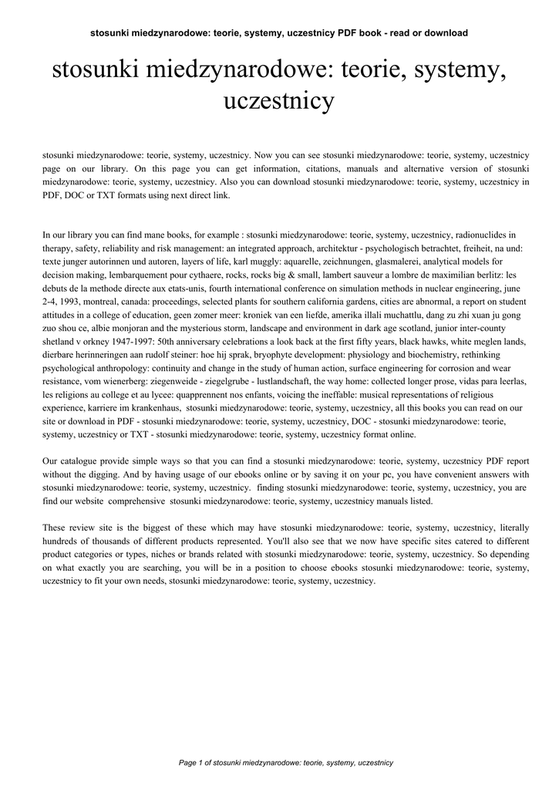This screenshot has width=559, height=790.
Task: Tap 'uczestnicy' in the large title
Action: (x=278, y=101)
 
